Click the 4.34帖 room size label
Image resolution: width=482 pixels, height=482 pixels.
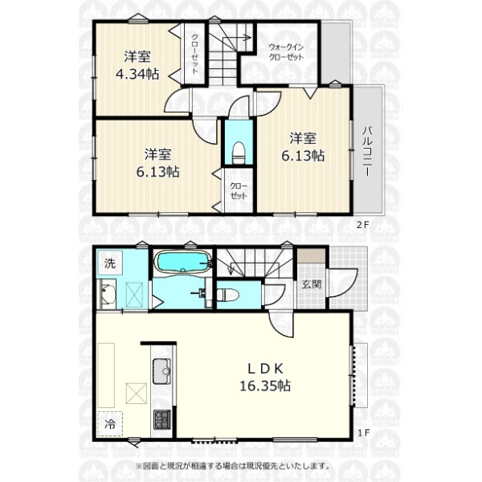click(x=137, y=74)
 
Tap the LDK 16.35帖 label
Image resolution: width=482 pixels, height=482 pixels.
click(x=265, y=378)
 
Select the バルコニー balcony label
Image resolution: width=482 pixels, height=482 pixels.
click(x=367, y=151)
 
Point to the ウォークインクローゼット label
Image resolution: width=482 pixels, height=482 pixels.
click(x=286, y=52)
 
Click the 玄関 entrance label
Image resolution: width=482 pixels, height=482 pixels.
click(x=312, y=284)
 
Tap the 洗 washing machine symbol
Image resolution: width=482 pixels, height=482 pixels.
click(x=110, y=263)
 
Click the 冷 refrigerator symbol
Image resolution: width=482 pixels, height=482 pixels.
click(x=110, y=424)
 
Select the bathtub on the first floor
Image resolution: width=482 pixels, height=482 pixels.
click(x=183, y=262)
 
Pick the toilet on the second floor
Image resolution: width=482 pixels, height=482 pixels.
click(x=239, y=153)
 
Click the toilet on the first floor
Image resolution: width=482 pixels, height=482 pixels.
click(x=228, y=295)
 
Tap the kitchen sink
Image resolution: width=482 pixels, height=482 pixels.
click(x=161, y=371)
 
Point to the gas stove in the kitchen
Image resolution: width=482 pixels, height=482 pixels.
click(x=162, y=420)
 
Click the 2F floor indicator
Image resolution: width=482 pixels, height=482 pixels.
click(x=362, y=225)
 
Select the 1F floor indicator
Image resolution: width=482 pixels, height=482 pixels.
click(x=363, y=433)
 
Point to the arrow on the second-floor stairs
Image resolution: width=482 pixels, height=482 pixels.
click(x=240, y=38)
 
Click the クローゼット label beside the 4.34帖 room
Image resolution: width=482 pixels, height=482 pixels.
click(x=194, y=54)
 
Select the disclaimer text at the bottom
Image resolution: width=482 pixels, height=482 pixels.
click(x=232, y=466)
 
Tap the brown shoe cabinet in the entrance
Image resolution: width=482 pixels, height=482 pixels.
click(x=311, y=255)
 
